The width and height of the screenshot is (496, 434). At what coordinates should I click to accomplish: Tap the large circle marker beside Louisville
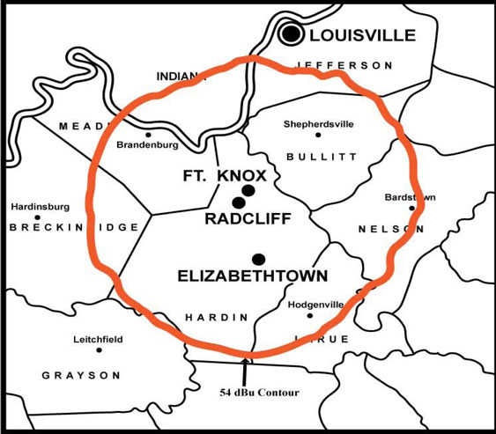pos(292,34)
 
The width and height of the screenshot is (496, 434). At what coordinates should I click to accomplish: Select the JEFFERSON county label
pos(344,65)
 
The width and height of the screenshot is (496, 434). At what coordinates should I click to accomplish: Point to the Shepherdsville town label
pos(319,124)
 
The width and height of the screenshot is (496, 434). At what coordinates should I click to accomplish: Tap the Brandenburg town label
pos(148,143)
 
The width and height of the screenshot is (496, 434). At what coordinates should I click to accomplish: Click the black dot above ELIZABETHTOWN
pos(258,258)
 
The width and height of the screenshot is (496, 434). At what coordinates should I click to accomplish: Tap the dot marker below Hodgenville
pos(309,316)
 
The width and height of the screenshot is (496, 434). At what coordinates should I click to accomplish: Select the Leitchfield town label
pos(98,339)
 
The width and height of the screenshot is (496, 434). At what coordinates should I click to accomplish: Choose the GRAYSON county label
pos(81,375)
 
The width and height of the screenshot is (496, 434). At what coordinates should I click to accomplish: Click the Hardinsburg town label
pos(38,207)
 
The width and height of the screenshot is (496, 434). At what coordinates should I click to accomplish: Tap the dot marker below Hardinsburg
pos(38,217)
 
